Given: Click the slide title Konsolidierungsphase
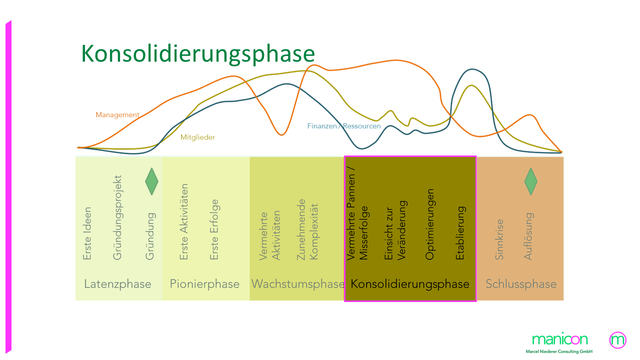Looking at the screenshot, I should point(198,53).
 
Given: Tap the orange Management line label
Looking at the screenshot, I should point(117,115).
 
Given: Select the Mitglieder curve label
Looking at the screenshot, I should point(197,137).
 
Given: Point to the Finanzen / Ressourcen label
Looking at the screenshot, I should point(344,126).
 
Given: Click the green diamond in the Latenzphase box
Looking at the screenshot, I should point(151,181).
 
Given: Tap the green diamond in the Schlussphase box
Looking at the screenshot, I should point(530,181).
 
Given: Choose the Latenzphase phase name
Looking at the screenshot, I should point(117,284).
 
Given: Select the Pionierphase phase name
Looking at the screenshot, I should point(204,284).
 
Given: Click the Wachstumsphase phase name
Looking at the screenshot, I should point(297,284).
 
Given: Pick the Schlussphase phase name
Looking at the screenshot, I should point(521,284).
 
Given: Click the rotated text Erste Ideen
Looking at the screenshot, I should point(87,233).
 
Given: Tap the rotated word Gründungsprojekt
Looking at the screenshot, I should point(117,217).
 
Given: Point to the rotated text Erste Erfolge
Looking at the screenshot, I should point(214,229).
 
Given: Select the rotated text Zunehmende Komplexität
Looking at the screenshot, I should point(307,229).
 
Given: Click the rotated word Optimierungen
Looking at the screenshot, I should point(429,224).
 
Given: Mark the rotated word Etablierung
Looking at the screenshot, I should point(460,233).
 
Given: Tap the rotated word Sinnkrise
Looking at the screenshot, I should point(499,239).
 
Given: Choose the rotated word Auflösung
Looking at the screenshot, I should point(528,236).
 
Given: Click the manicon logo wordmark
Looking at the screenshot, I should point(560,339).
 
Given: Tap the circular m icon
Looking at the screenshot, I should point(618,340).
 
